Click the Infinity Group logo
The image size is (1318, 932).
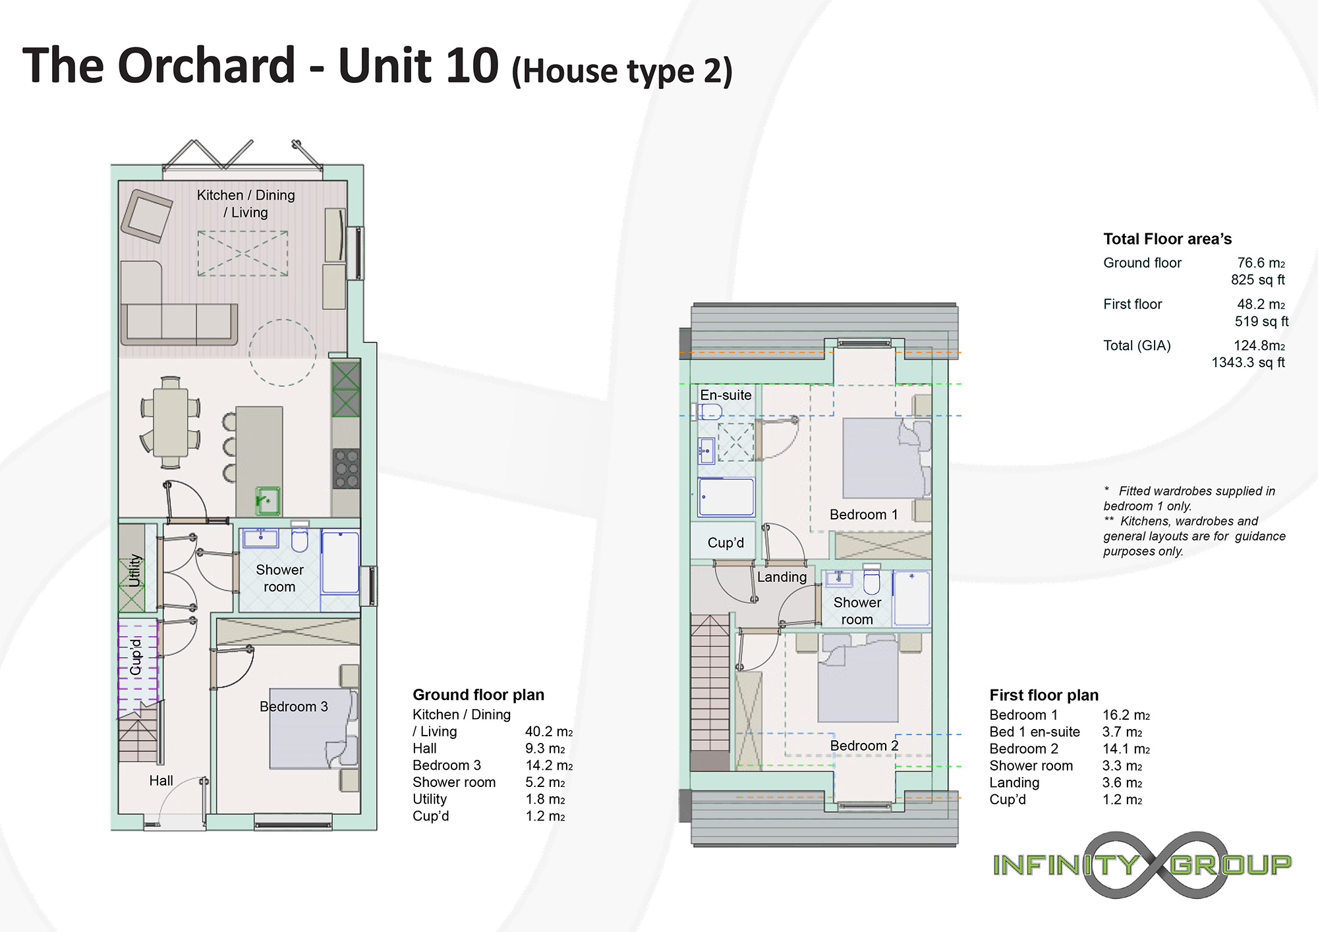(x=1142, y=865)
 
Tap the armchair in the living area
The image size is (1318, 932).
(x=146, y=216)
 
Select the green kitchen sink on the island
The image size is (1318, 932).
(x=268, y=501)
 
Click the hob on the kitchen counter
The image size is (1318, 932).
(x=347, y=468)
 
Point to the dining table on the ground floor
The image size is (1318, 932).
(x=171, y=422)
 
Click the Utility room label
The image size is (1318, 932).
(x=135, y=571)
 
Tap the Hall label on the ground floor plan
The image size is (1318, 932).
(x=161, y=781)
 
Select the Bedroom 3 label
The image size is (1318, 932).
(x=294, y=707)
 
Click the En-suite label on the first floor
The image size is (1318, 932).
(x=726, y=395)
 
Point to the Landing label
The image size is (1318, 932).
(x=782, y=577)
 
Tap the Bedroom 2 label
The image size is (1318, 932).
(x=864, y=745)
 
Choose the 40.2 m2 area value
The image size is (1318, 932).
(x=549, y=732)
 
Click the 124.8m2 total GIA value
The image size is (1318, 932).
(x=1259, y=345)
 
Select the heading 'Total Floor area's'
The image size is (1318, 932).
(x=1167, y=239)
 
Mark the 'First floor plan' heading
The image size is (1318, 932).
(x=1044, y=695)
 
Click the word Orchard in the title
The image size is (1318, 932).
(x=206, y=66)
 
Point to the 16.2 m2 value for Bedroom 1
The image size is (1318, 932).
(x=1126, y=715)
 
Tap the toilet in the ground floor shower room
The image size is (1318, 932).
(x=300, y=537)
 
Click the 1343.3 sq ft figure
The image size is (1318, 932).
(x=1248, y=363)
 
